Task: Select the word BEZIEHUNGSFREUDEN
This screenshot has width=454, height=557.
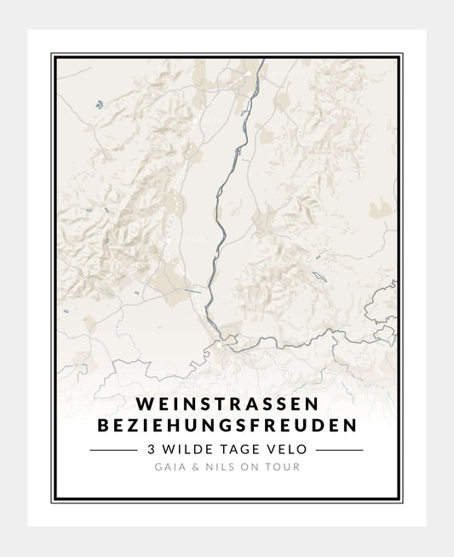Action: (227, 422)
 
